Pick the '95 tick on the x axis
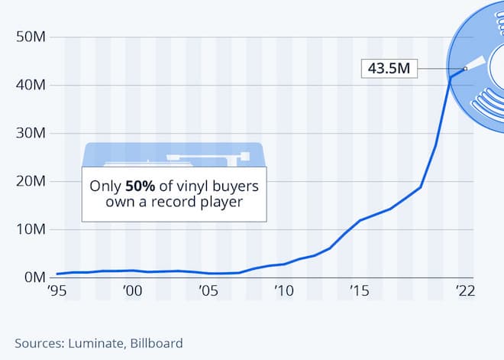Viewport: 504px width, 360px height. point(57,291)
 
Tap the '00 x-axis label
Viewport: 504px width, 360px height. point(132,291)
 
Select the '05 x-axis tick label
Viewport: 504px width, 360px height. point(208,291)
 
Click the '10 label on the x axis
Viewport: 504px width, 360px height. point(283,291)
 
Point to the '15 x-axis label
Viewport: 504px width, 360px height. point(359,291)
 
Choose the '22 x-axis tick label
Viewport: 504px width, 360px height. point(465,291)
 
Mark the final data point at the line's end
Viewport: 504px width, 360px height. point(465,69)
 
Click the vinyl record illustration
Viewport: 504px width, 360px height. point(477,76)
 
